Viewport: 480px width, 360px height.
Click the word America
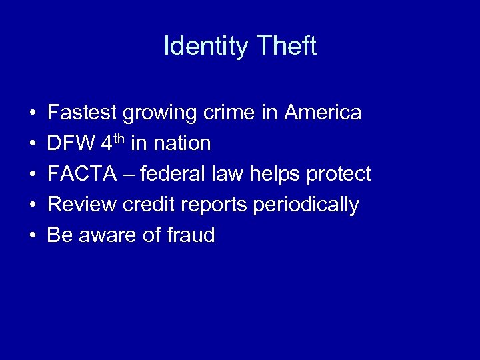click(x=323, y=113)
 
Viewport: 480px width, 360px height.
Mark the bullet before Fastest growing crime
click(x=33, y=113)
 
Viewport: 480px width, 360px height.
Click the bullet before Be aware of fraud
click(x=33, y=236)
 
